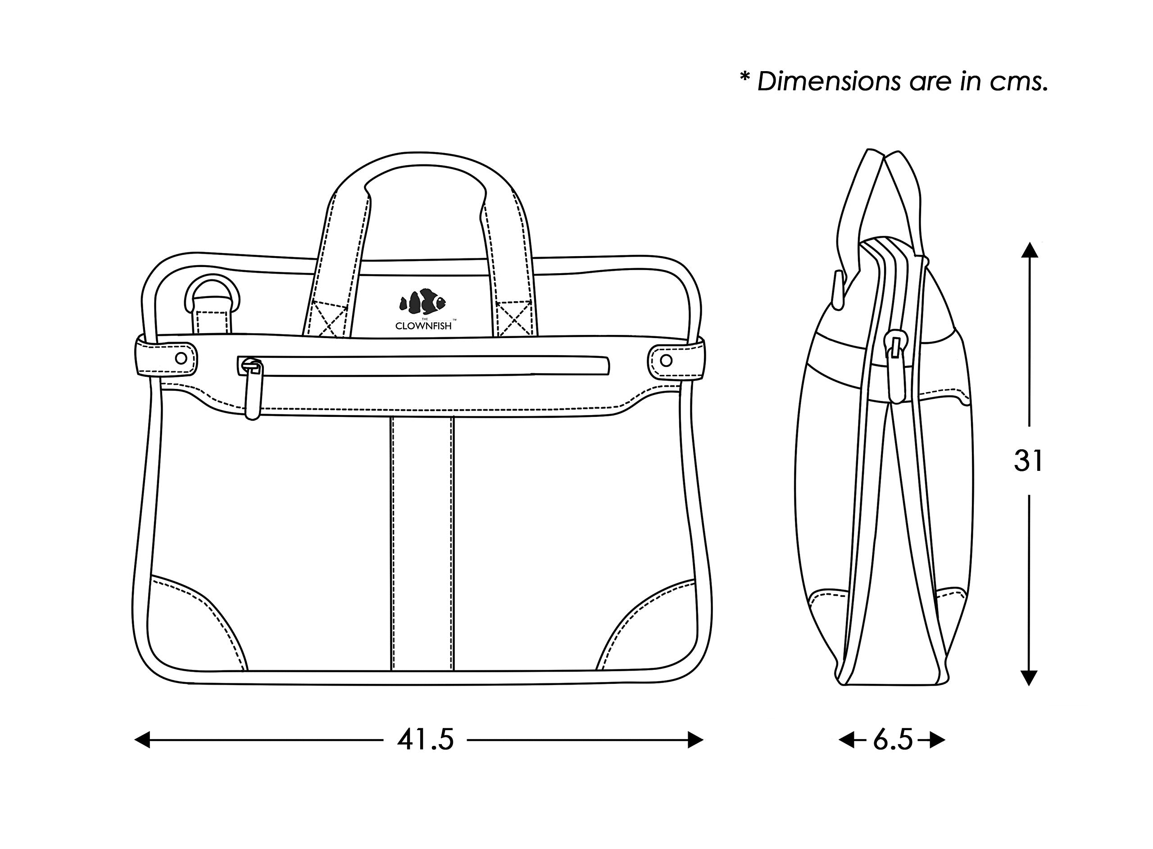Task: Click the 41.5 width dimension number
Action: [425, 741]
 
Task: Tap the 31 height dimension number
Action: [1028, 461]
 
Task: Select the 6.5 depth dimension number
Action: [892, 741]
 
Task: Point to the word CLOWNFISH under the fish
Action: [423, 326]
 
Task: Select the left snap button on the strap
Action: [181, 358]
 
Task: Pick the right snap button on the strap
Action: [666, 360]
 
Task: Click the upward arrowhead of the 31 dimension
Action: [1029, 250]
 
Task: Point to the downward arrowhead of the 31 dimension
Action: [1028, 678]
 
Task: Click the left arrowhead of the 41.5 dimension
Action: [142, 740]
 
